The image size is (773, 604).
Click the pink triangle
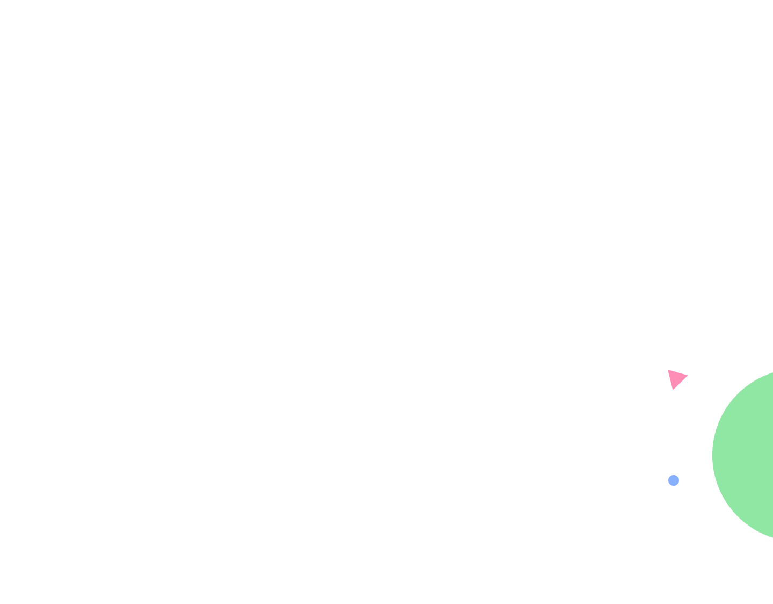[676, 378]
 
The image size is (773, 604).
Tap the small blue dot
[674, 480]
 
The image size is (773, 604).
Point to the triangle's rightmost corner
[688, 375]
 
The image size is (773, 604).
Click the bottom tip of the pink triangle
[673, 390]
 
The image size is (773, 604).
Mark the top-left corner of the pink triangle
[668, 370]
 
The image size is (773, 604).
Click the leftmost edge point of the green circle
[712, 455]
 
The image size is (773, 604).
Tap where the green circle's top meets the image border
[772, 371]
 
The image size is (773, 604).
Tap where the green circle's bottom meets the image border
[772, 538]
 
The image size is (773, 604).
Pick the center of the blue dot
[674, 480]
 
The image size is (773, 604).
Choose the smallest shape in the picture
[674, 480]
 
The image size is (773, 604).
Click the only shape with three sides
[676, 378]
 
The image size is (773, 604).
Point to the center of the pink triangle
[676, 378]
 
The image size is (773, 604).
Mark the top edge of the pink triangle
[678, 372]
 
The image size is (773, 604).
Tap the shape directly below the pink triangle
[674, 480]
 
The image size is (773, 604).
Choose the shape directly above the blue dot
[676, 378]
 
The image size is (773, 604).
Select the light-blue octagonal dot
[674, 480]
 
